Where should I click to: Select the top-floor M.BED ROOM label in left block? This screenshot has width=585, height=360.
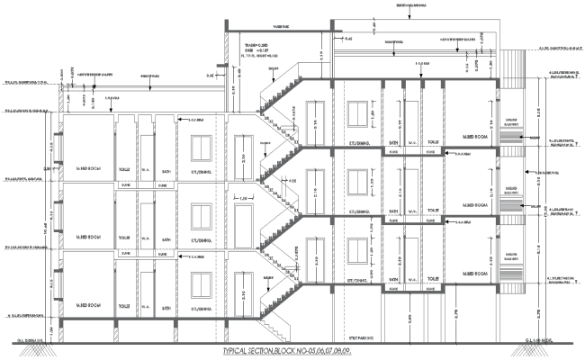pyautogui.click(x=88, y=169)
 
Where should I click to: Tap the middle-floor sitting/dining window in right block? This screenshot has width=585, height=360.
pyautogui.click(x=357, y=183)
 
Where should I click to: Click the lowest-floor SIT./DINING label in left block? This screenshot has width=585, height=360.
pyautogui.click(x=203, y=306)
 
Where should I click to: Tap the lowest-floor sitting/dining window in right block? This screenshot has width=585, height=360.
pyautogui.click(x=357, y=252)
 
